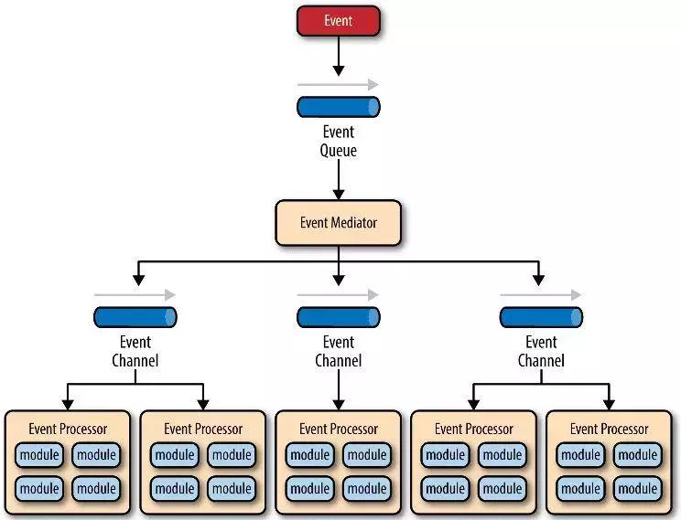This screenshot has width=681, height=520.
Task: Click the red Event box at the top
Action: tap(338, 20)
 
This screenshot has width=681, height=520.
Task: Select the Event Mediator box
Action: tap(338, 222)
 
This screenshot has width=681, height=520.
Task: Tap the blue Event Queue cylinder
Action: tap(338, 107)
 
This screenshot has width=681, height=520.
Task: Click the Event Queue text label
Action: tap(338, 141)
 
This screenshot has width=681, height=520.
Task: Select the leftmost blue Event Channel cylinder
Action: tap(135, 317)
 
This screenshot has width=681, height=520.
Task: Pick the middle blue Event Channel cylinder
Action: tap(338, 317)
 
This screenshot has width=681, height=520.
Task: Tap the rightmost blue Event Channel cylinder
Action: tap(541, 317)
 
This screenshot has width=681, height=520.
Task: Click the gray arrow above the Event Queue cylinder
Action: tap(338, 84)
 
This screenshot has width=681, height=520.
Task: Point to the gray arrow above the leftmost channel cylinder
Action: tap(135, 295)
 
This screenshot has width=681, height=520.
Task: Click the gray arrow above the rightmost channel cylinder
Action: tap(541, 295)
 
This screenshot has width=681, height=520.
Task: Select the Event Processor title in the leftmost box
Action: tap(68, 429)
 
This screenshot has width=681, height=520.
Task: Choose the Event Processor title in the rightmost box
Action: tap(609, 429)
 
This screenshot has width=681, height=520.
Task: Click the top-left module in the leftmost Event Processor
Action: tap(39, 455)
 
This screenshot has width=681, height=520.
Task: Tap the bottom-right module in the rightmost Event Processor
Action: tap(638, 489)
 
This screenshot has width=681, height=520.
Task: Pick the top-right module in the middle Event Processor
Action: tap(367, 455)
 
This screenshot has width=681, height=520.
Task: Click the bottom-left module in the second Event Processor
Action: tap(175, 489)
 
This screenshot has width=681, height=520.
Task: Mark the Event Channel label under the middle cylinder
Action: tap(338, 351)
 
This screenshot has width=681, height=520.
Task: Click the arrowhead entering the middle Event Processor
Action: tap(338, 403)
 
